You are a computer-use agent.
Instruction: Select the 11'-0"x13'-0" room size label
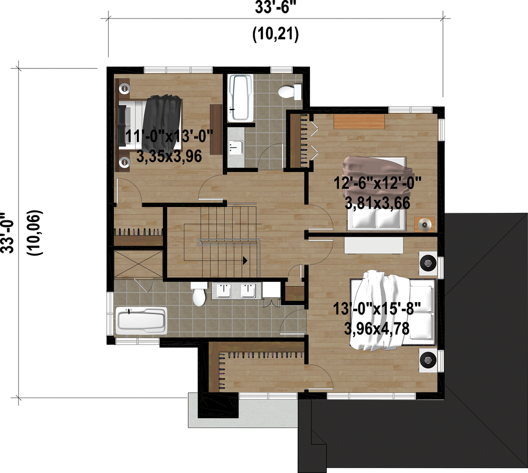click(169, 137)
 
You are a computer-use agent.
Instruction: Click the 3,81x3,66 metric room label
click(377, 203)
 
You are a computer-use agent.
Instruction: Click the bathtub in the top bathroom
click(240, 98)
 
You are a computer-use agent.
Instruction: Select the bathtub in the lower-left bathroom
click(141, 321)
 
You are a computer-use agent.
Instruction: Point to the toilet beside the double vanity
click(199, 294)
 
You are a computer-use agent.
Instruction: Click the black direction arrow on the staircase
click(245, 260)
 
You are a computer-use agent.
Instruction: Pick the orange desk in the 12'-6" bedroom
click(359, 122)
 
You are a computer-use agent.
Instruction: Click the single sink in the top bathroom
click(235, 147)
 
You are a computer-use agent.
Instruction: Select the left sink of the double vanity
click(223, 291)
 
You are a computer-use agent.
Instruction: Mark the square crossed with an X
click(138, 265)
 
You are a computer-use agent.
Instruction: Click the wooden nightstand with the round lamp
click(424, 225)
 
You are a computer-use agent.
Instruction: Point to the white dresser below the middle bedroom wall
click(374, 246)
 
